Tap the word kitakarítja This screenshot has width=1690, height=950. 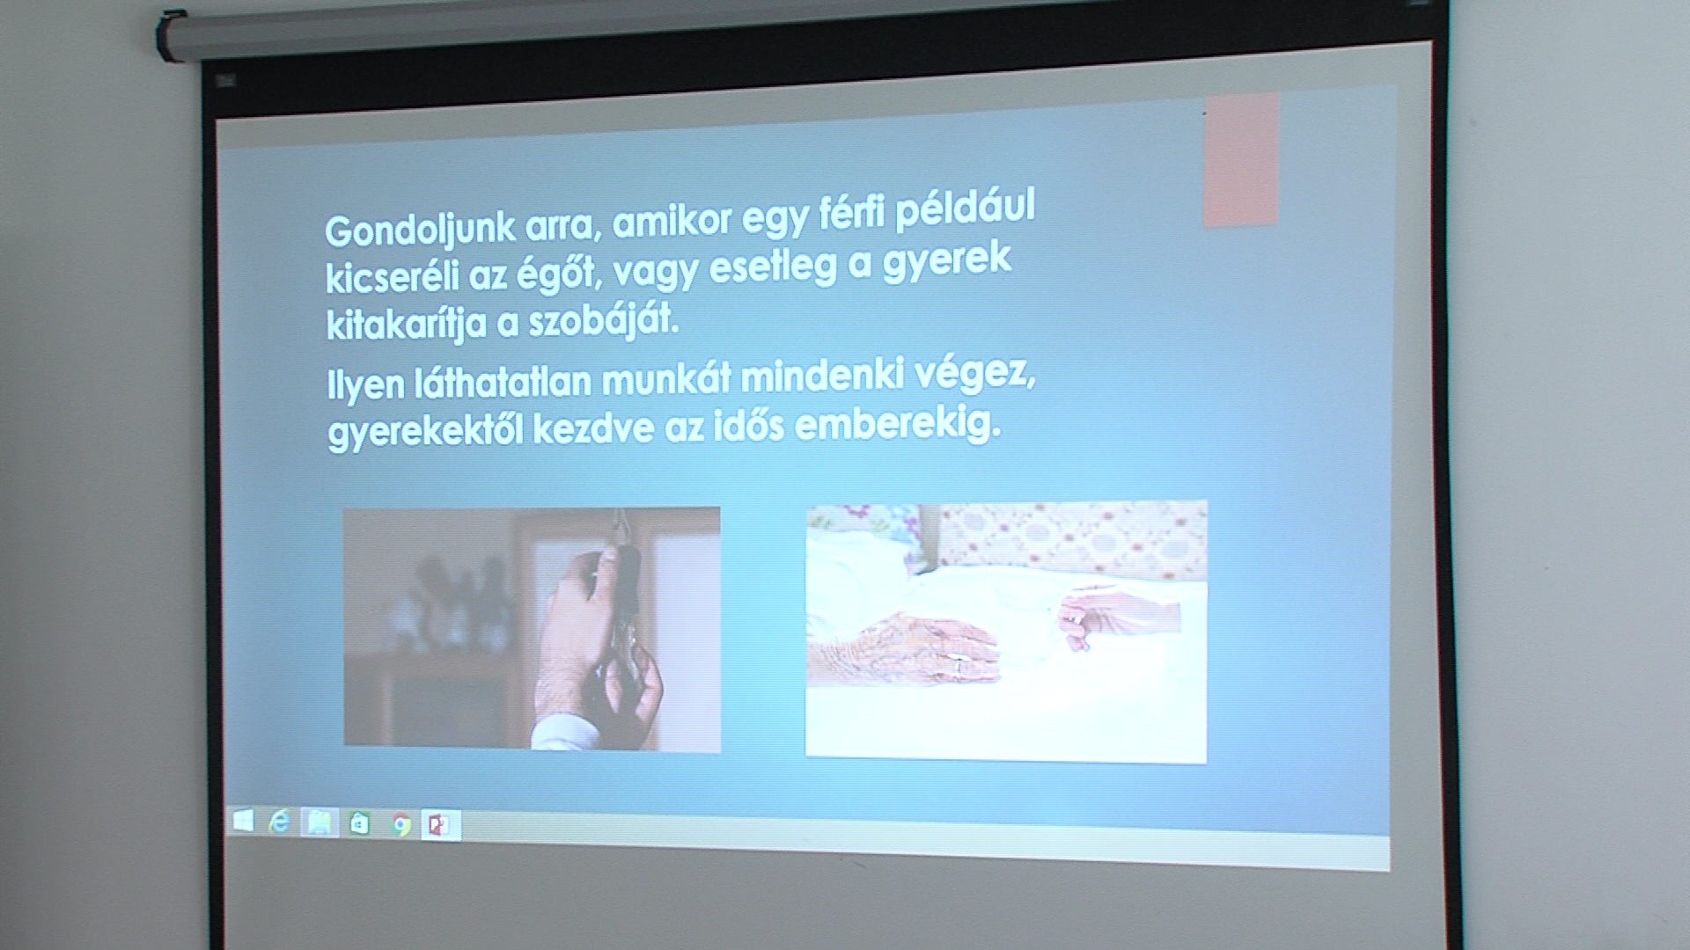[x=406, y=324]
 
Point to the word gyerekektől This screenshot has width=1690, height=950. [x=425, y=432]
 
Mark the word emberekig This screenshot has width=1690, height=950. [x=898, y=425]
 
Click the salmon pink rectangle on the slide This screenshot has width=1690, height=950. [x=1241, y=160]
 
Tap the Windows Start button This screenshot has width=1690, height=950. [x=243, y=822]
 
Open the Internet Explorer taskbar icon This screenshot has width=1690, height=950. [x=280, y=822]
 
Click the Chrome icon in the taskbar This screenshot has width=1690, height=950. [x=401, y=825]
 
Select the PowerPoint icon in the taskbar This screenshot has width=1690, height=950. [x=439, y=825]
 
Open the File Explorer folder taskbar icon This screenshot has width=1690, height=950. [x=320, y=823]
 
